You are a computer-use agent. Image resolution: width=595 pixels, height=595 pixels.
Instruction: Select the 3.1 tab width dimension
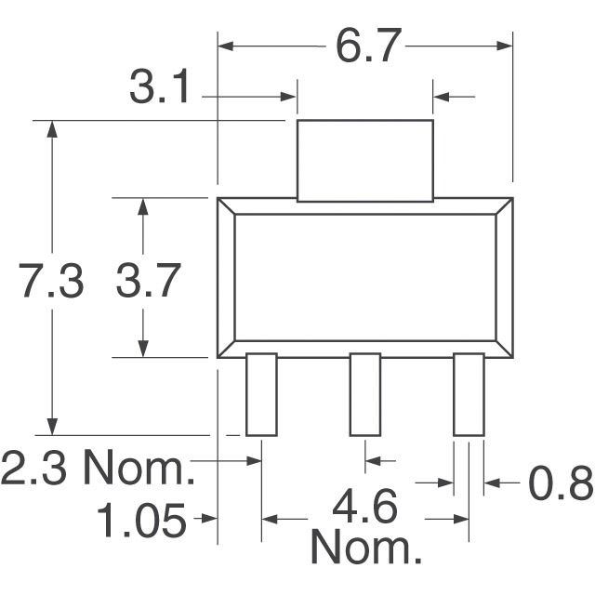coord(160,92)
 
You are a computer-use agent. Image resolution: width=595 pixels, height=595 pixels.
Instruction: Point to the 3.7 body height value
coord(147,282)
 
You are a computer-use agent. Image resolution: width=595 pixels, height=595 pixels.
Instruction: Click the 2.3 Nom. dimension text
coord(98,469)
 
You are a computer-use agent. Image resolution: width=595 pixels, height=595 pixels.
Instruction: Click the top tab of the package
coord(364,160)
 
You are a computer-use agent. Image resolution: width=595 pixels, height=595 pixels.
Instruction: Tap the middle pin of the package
coord(364,394)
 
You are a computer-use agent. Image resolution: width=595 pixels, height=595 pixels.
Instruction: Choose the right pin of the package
coord(469,394)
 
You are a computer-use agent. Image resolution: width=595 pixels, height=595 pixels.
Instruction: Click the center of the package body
coord(364,278)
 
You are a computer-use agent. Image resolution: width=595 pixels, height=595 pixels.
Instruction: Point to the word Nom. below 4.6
coord(365,549)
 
